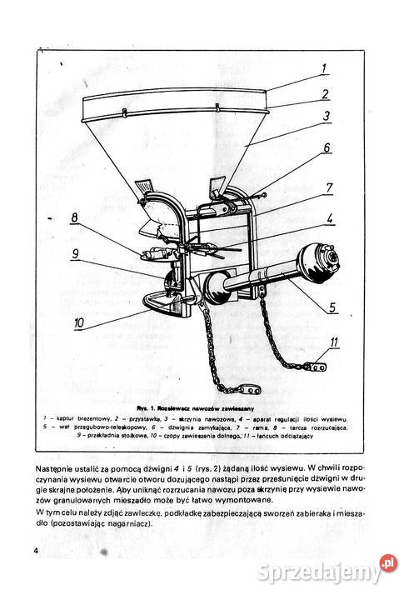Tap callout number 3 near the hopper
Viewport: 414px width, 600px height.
328,117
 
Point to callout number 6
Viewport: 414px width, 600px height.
327,149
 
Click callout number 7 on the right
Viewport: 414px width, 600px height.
329,188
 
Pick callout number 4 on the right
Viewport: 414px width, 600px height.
330,220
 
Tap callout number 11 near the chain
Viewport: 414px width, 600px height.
333,342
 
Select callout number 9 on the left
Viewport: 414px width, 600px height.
74,254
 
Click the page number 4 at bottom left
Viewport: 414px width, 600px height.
37,552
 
